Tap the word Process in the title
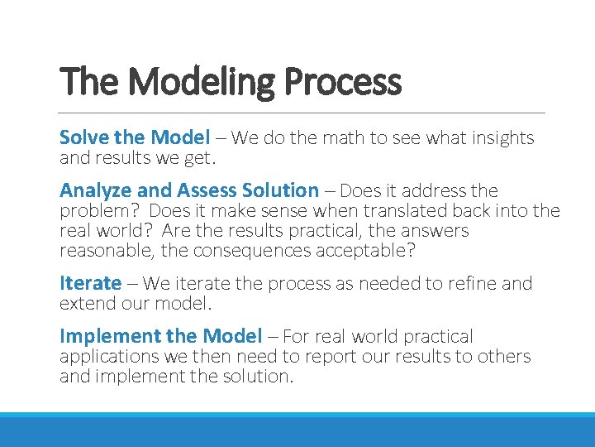(341, 83)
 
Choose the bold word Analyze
(94, 190)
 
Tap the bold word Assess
(201, 190)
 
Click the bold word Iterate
(90, 283)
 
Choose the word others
(501, 357)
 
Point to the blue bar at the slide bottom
(297, 430)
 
